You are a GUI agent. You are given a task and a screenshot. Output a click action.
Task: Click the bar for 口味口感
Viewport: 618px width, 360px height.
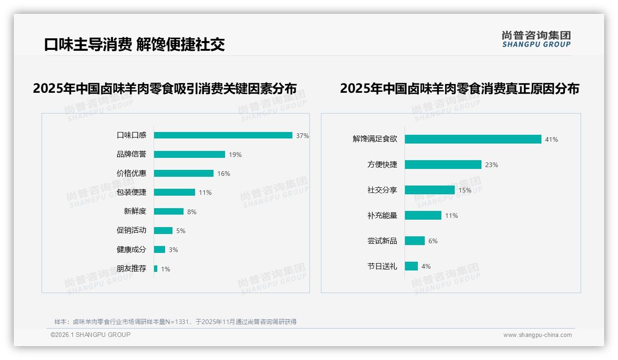(x=223, y=135)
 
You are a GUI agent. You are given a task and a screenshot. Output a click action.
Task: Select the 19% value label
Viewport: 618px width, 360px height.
(x=235, y=155)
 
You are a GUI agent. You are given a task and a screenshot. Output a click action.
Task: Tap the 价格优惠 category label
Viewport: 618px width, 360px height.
(x=131, y=174)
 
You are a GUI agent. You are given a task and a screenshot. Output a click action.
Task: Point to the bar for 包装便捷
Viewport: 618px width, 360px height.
(x=174, y=192)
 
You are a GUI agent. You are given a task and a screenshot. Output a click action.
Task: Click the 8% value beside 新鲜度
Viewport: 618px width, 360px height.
(x=192, y=212)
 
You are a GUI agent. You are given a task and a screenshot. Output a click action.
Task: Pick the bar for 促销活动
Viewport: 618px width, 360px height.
(x=163, y=231)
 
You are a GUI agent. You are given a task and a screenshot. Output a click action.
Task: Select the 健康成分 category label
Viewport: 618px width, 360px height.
(x=131, y=250)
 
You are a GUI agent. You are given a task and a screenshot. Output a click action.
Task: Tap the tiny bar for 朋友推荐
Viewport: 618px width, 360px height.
(x=156, y=269)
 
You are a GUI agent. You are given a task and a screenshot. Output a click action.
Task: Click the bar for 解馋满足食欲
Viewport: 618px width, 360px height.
(x=473, y=139)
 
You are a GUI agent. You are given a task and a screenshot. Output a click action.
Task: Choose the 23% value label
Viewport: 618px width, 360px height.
(x=492, y=165)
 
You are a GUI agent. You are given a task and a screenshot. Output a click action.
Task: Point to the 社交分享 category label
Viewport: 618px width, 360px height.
(x=382, y=190)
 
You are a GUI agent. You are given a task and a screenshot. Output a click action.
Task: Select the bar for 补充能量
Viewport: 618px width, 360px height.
(x=423, y=216)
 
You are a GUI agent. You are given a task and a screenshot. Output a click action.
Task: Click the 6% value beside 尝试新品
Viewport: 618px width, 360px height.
(x=433, y=241)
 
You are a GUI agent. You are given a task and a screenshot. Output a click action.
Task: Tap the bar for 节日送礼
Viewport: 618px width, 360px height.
(x=411, y=266)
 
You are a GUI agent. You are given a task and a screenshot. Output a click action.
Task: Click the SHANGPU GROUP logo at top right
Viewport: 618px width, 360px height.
(x=536, y=39)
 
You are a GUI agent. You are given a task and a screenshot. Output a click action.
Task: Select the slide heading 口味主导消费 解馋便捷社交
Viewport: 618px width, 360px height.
(x=134, y=45)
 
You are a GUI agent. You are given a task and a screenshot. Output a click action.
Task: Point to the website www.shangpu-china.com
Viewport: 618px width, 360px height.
(x=537, y=335)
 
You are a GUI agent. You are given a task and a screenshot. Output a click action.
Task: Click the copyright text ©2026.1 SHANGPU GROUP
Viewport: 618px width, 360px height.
(x=90, y=335)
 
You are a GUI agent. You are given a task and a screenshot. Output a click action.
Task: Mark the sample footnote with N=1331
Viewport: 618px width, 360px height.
(x=175, y=322)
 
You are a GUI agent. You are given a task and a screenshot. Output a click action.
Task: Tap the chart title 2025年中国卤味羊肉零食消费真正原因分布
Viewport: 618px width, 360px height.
(x=459, y=89)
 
